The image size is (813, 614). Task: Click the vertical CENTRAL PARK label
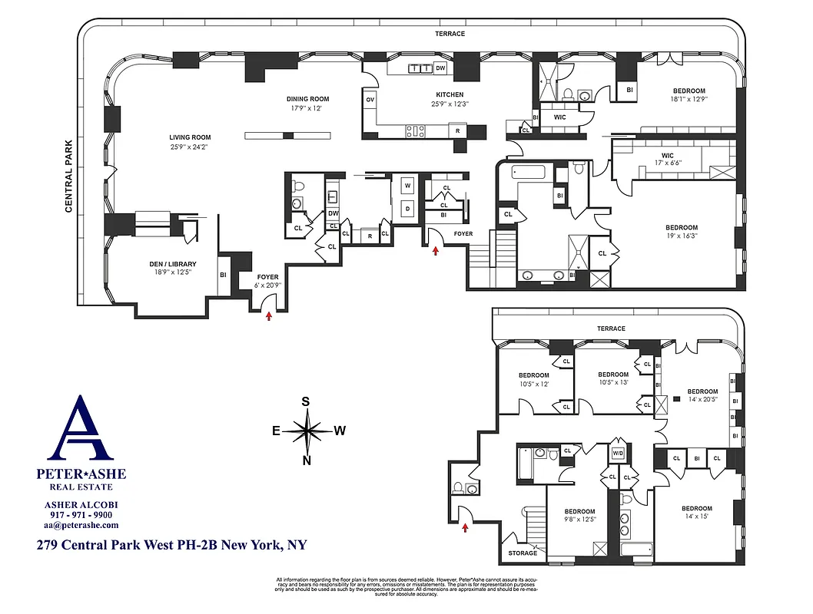point(68,177)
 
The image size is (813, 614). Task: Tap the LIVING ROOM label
point(190,137)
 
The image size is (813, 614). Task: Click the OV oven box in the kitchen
point(370,100)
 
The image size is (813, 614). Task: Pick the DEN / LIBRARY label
point(172,264)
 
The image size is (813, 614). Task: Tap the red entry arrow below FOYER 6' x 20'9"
point(268,315)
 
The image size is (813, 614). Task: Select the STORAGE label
point(523,553)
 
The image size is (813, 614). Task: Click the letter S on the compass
point(305,401)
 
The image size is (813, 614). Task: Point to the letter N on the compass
point(307,460)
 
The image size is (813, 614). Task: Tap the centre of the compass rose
point(307,431)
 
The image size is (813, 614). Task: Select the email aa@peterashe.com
point(81,525)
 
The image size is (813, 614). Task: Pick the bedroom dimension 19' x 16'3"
point(681,237)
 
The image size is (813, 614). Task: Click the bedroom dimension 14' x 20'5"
point(702,399)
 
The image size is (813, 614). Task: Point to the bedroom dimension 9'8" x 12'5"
point(579,520)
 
